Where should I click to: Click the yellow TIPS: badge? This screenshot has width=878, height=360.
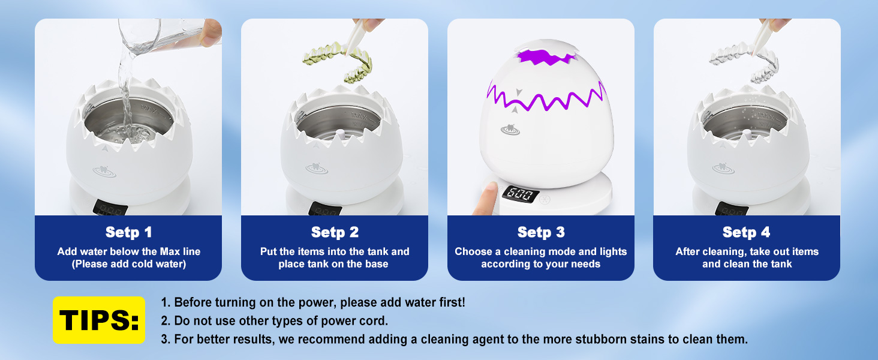click(x=99, y=320)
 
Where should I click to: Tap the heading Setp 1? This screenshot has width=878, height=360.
click(x=128, y=232)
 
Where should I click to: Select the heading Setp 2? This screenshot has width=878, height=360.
click(x=335, y=232)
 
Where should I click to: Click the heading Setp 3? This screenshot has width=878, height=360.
click(x=541, y=232)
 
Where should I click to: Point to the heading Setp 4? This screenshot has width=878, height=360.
click(x=746, y=232)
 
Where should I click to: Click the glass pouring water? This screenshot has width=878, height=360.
click(x=164, y=35)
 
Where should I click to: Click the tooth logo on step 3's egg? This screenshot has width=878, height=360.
click(x=510, y=130)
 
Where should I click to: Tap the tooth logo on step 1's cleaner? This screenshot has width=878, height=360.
click(x=104, y=172)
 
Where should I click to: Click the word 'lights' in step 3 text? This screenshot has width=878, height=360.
click(x=613, y=252)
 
